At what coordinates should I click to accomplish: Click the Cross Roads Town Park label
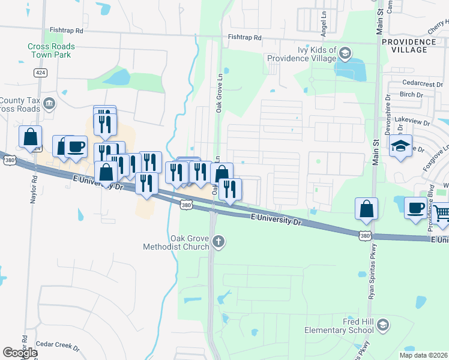coord(51,50)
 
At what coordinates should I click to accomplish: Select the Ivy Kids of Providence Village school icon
coord(345,53)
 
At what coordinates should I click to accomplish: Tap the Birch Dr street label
coord(411,94)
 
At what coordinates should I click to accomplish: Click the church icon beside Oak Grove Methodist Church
coord(219,242)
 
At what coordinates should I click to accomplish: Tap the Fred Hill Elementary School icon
coord(383,325)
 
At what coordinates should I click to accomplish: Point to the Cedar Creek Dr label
coord(57,346)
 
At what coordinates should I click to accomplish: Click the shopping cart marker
coord(442,212)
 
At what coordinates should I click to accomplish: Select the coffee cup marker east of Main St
coord(416,208)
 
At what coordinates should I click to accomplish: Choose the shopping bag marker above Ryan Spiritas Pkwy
coord(366,208)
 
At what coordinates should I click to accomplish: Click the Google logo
coord(20,353)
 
